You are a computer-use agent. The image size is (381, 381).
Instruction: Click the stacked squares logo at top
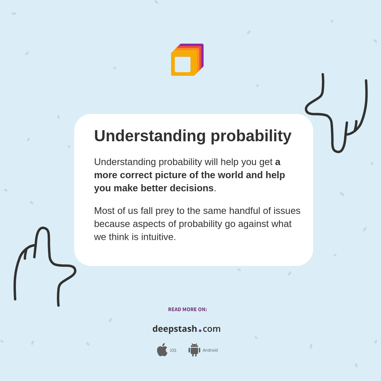[x=187, y=60]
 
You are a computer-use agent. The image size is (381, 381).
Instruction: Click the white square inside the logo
[x=183, y=64]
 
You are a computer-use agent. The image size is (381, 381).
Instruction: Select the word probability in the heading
[x=251, y=136]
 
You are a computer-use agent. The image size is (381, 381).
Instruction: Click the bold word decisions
[x=192, y=188]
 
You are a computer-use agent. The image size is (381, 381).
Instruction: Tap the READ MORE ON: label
[x=187, y=310]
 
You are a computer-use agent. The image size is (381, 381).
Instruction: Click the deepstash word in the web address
[x=175, y=329]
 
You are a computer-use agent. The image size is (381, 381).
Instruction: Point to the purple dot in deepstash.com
[x=200, y=331]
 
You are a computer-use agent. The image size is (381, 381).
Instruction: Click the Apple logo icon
[x=162, y=350]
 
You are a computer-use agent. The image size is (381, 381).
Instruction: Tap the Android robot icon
[x=194, y=350]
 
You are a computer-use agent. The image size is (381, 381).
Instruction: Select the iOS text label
[x=173, y=350]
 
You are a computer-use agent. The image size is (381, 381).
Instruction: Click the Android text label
[x=210, y=350]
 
